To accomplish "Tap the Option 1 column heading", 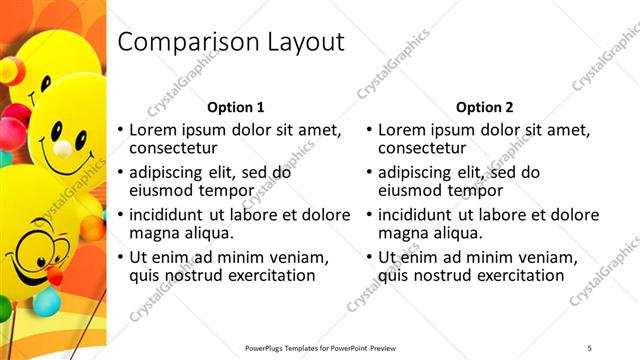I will (236, 107).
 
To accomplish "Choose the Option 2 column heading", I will (485, 107).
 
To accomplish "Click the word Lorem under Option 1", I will (156, 130).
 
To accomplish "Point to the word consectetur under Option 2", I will (427, 148).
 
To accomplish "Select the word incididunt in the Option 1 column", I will (174, 214).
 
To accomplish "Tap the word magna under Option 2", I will (405, 232).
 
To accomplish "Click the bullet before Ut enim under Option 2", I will (369, 257).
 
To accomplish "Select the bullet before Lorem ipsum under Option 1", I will (120, 131).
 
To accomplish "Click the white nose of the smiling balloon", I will (62, 148).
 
